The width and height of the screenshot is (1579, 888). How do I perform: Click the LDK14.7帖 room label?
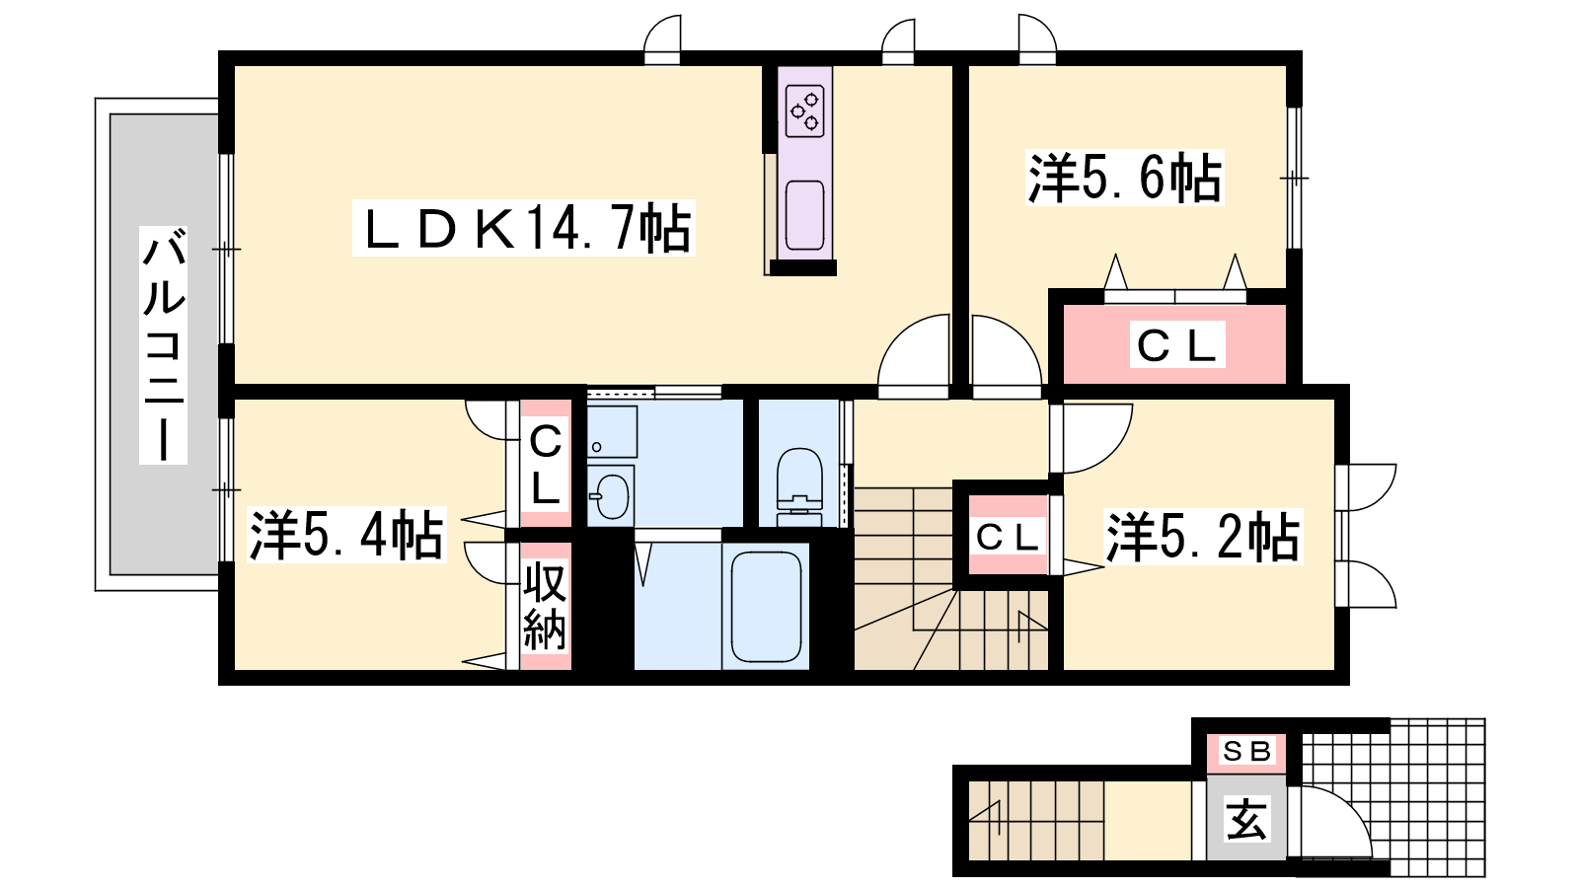(523, 229)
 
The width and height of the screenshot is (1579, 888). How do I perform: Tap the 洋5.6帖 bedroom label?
(1125, 179)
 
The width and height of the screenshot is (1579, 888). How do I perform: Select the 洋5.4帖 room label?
(345, 536)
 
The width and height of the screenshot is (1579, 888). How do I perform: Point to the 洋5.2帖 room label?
(1202, 538)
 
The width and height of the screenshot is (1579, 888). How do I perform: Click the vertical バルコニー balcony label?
(164, 345)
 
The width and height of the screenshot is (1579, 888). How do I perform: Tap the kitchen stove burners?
(804, 111)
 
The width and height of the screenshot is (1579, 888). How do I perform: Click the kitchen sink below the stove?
(805, 215)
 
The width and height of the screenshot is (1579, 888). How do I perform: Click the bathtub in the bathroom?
(765, 606)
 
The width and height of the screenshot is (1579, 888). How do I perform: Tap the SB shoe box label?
(1246, 751)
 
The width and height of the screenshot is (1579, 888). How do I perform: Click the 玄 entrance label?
(1246, 819)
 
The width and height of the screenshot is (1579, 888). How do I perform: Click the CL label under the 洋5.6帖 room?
(1175, 345)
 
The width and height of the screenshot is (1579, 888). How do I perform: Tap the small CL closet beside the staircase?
(1007, 537)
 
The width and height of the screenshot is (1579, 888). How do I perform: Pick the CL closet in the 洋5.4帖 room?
(545, 464)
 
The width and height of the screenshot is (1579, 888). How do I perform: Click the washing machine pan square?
(612, 431)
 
